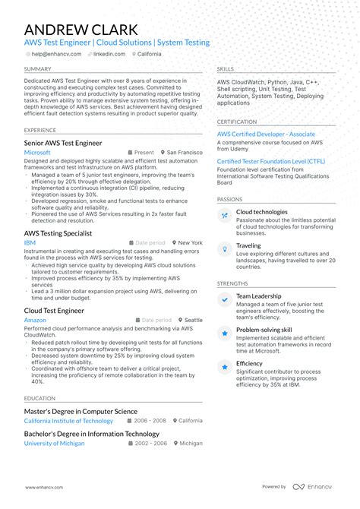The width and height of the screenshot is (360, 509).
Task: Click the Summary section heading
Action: coord(38,69)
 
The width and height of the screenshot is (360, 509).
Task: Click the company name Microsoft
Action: coord(37,153)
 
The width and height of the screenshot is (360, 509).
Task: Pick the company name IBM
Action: coord(30,243)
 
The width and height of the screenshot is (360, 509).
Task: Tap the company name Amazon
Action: coord(35,321)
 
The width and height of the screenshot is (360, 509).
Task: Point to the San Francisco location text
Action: coord(185,153)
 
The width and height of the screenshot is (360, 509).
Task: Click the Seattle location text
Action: coord(193,321)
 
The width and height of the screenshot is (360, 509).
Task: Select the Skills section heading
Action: coord(226,69)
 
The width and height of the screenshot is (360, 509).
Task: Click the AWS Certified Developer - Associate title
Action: coord(267,134)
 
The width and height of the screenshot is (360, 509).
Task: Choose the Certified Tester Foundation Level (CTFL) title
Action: coord(270,161)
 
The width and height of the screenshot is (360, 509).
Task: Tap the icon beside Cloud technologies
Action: coord(225,216)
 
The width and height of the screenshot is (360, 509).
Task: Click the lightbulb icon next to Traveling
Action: coord(225,249)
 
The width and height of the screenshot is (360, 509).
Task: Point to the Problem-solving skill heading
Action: coord(264,330)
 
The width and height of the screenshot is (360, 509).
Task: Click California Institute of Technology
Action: coord(68,421)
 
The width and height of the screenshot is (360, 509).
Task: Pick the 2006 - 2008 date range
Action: coord(150,421)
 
